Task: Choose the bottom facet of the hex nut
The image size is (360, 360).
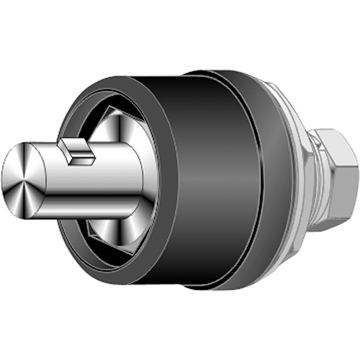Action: tap(331, 216)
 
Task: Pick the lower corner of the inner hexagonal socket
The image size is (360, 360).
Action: tap(94, 238)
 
